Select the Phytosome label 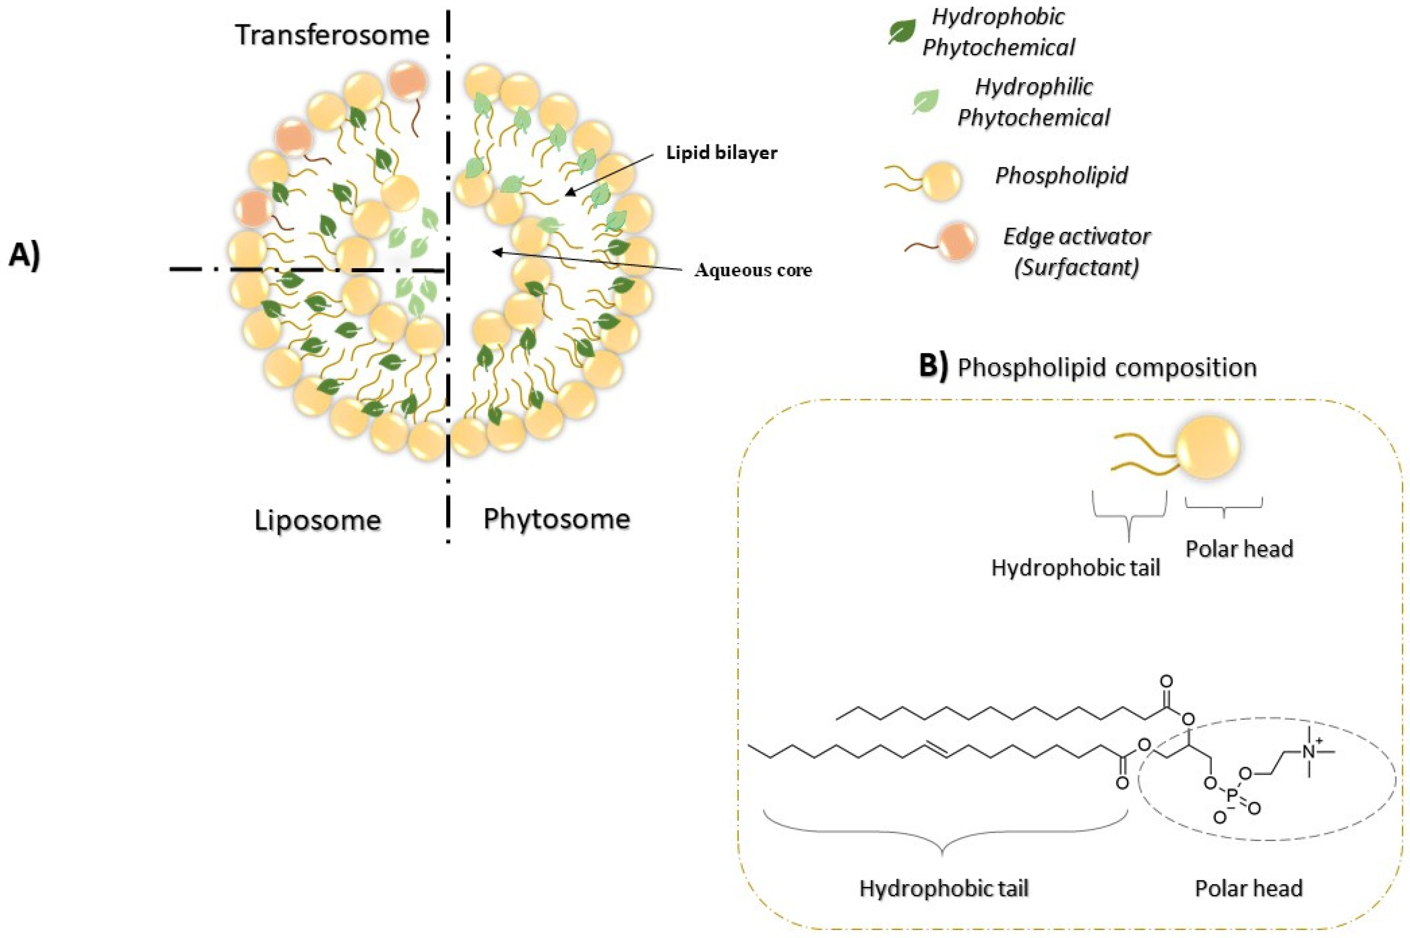click(x=556, y=519)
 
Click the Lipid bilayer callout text click(x=722, y=153)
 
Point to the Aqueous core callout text click(x=752, y=270)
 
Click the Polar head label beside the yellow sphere click(x=1239, y=549)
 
